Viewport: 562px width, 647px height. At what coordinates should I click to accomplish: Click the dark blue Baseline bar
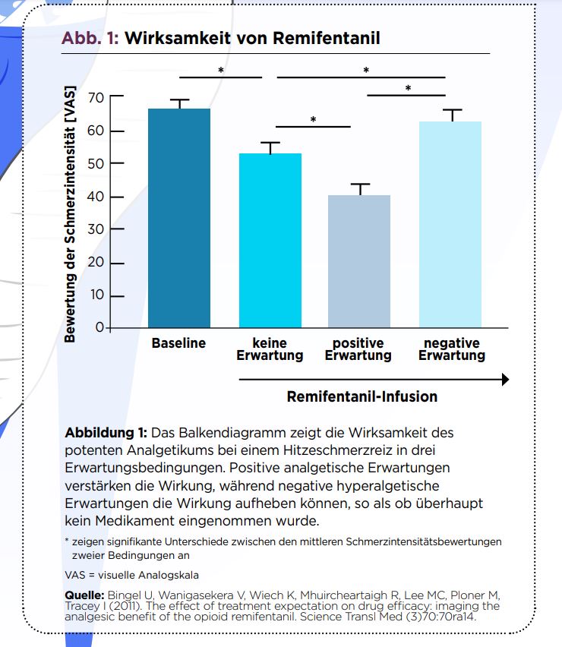pyautogui.click(x=179, y=218)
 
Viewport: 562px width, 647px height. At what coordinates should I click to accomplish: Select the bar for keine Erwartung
pyautogui.click(x=270, y=240)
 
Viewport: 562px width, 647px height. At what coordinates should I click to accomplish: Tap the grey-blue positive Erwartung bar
pyautogui.click(x=359, y=261)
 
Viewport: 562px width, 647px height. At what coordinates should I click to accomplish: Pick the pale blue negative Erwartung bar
pyautogui.click(x=450, y=225)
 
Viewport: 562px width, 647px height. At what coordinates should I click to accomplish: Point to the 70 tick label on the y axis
pyautogui.click(x=96, y=98)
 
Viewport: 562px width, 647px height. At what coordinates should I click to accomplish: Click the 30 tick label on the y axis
pyautogui.click(x=96, y=229)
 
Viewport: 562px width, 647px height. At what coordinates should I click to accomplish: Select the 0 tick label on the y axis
pyautogui.click(x=99, y=327)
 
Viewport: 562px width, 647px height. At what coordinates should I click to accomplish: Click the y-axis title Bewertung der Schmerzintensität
pyautogui.click(x=70, y=213)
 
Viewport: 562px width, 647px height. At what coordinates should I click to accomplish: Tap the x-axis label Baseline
pyautogui.click(x=178, y=343)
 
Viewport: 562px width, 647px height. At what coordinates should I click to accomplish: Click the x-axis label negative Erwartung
pyautogui.click(x=452, y=349)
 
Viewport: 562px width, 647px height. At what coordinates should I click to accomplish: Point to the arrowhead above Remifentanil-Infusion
pyautogui.click(x=506, y=379)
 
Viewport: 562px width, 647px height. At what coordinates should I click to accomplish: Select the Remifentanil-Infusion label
pyautogui.click(x=362, y=396)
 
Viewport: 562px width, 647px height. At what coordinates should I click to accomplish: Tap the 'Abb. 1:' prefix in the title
pyautogui.click(x=90, y=38)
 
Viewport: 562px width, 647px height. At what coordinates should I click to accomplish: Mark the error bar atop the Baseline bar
pyautogui.click(x=179, y=104)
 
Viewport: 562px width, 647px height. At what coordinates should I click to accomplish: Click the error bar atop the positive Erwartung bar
pyautogui.click(x=360, y=189)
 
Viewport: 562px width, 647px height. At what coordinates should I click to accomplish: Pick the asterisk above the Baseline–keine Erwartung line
pyautogui.click(x=221, y=71)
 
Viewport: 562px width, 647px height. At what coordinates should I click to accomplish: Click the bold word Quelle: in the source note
pyautogui.click(x=84, y=595)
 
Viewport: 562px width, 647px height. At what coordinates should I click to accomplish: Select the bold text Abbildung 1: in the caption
pyautogui.click(x=106, y=433)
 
